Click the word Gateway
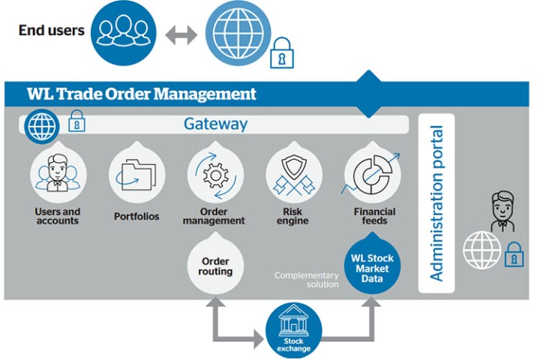(215, 124)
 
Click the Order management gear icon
(214, 175)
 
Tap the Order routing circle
(216, 266)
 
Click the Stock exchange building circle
(294, 331)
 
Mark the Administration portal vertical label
(436, 203)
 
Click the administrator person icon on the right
(502, 211)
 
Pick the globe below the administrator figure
(482, 250)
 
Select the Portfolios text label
(136, 217)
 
